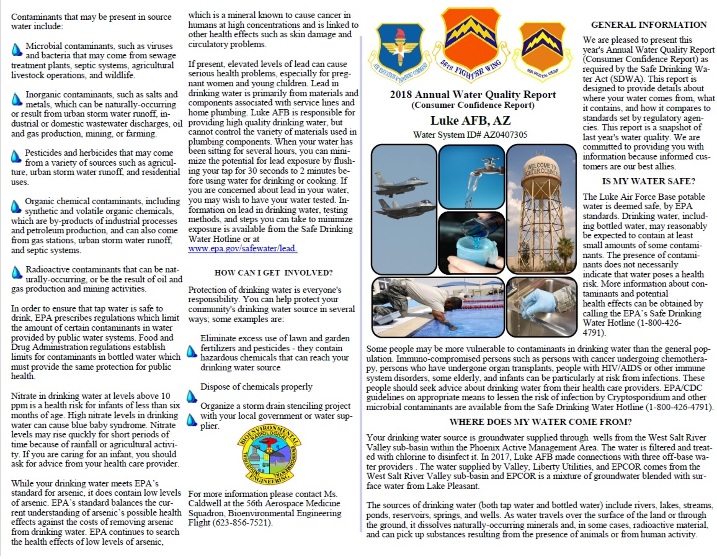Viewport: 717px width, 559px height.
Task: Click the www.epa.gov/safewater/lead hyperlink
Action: (243, 248)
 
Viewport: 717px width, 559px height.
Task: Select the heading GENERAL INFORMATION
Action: (649, 25)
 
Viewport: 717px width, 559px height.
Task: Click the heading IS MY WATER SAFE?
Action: (648, 181)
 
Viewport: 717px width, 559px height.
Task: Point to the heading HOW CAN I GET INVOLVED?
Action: (274, 273)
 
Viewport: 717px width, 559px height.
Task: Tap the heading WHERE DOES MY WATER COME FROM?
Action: (540, 422)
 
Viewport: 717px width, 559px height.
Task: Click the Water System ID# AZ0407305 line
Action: (470, 135)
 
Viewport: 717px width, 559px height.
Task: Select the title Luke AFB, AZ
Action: (470, 120)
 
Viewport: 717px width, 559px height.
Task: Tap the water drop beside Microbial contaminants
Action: (16, 49)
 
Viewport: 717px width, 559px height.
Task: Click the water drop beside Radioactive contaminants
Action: (16, 273)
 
